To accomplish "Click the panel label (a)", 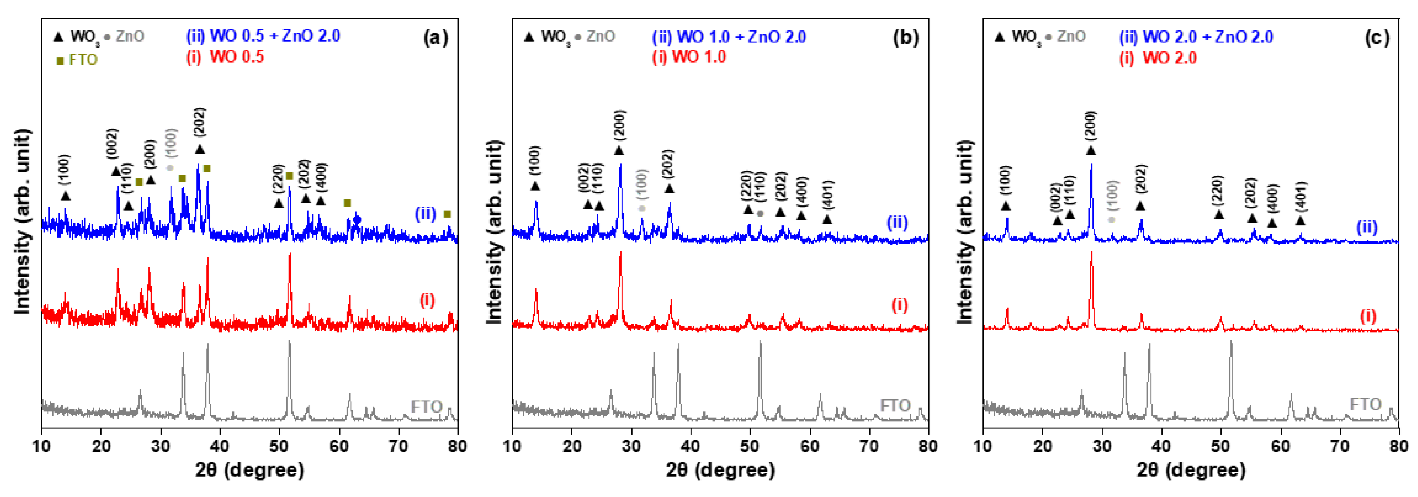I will coord(436,37).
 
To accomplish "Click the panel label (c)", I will coord(1377,37).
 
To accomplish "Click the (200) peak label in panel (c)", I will coord(1091,126).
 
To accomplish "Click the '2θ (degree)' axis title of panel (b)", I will coord(720,470).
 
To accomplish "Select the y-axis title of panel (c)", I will coord(964,232).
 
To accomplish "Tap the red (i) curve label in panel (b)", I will coord(899,305).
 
